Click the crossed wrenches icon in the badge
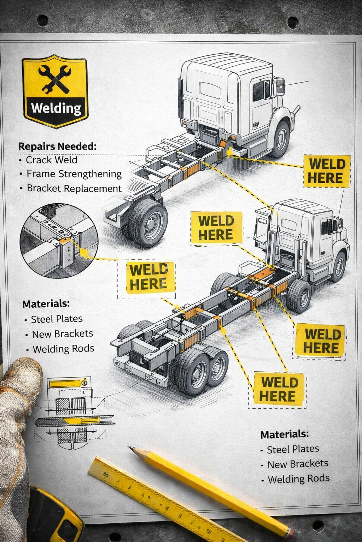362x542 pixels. coord(55,79)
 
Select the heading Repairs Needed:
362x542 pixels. coord(57,146)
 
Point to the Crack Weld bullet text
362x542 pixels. coord(52,160)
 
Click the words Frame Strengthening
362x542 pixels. coord(74,174)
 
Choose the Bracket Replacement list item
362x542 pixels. coord(74,188)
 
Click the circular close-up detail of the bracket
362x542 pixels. coord(59,241)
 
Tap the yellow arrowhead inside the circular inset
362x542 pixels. coord(83,252)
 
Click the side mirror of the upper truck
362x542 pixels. coord(280,86)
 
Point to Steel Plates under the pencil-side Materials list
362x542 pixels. coord(293,449)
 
